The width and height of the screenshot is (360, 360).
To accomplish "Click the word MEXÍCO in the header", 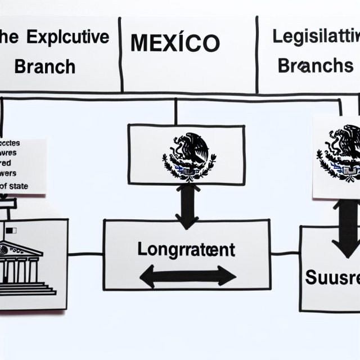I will [175, 43].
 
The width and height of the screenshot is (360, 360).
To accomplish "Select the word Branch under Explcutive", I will [44, 66].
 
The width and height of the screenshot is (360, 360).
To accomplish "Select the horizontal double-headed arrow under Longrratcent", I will [187, 276].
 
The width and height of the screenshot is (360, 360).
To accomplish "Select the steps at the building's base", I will [28, 288].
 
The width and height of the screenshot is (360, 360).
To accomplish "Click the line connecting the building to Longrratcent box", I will [85, 254].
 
